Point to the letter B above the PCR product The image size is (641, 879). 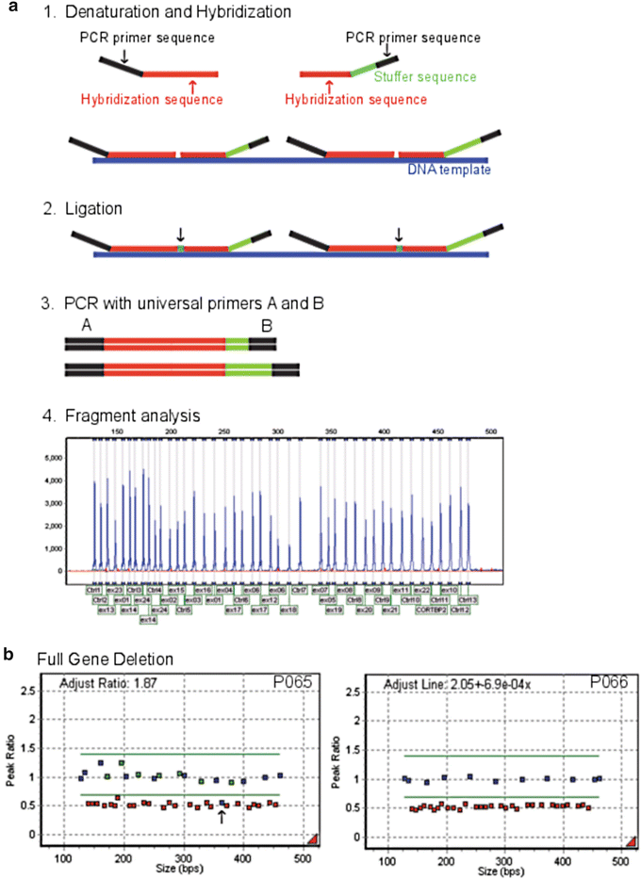point(267,327)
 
